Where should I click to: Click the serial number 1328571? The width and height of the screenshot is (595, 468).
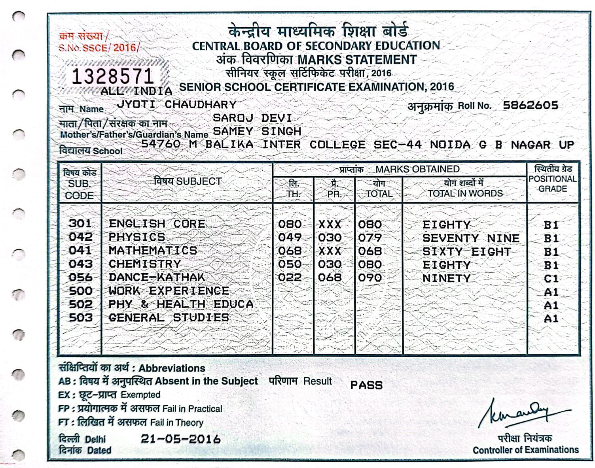coord(112,76)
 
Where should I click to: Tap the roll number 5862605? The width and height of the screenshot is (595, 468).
coord(530,106)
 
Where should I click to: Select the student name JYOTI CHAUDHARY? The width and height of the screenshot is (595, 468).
coord(176,105)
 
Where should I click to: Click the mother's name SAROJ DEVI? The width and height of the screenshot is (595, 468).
coord(252,118)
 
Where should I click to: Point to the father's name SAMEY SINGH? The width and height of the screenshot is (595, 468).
coord(257,131)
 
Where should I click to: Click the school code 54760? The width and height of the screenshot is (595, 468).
coord(161,145)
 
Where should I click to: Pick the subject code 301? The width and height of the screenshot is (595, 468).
coord(80,224)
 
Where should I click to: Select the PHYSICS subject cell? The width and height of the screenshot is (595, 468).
coord(137,237)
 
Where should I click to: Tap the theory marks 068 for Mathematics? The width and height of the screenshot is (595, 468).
coord(290,251)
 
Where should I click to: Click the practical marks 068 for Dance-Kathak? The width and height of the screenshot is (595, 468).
coord(330,277)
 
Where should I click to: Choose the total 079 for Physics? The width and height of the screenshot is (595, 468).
coord(370,238)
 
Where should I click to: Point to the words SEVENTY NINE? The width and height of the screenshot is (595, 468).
coord(471,238)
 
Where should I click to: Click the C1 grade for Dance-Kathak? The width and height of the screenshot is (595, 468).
coord(551,279)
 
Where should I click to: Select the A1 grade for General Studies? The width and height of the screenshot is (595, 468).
coord(551,319)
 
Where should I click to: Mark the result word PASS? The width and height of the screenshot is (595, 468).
coord(366,385)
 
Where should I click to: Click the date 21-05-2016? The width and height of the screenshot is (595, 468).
coord(180,439)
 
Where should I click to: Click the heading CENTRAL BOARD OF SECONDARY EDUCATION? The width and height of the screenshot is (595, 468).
coord(316,46)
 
